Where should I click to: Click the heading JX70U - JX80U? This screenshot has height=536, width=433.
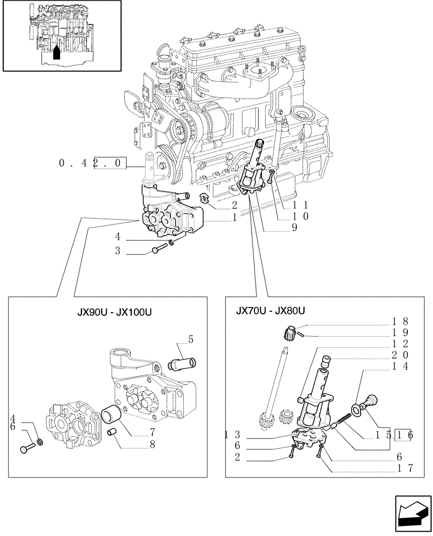[270, 310]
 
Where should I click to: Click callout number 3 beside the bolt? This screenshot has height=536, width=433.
[117, 251]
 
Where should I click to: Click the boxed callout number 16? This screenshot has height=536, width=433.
[404, 435]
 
